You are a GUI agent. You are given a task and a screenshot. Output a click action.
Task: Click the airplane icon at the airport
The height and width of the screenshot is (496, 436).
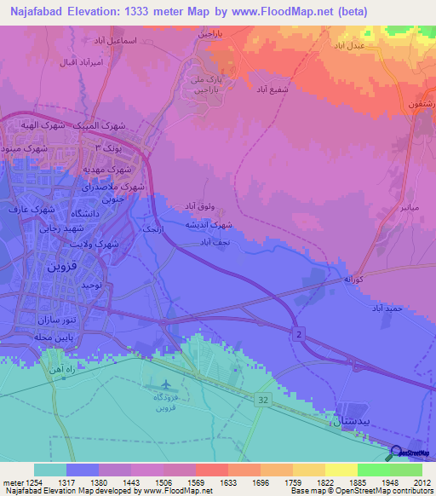[x=163, y=385]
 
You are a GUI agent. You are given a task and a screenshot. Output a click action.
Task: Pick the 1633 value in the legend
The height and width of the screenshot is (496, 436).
[x=228, y=481]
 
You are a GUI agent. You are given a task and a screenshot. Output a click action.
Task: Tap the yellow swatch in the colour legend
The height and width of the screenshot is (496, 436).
[x=341, y=470]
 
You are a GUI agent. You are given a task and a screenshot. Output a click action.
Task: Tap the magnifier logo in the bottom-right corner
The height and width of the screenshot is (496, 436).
[x=397, y=453]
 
